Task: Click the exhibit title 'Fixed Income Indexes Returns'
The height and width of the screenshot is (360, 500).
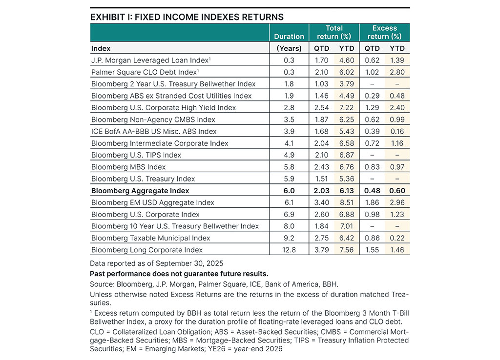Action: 187,17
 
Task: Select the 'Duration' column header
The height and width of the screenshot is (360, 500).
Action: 289,37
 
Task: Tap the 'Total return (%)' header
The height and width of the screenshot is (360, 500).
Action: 334,32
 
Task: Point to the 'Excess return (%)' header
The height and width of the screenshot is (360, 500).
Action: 384,32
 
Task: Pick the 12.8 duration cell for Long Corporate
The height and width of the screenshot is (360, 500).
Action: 289,250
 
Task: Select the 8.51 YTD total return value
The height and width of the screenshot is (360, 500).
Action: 347,202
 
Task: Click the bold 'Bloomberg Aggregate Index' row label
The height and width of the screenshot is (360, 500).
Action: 140,191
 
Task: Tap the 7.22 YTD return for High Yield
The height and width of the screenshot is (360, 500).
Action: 347,108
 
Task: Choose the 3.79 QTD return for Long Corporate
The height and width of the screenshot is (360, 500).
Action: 321,250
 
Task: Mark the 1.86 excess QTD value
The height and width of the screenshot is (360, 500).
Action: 372,202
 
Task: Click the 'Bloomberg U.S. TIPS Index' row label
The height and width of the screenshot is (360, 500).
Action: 136,155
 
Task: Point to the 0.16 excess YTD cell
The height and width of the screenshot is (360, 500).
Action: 396,131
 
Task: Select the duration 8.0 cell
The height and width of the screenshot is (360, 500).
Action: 289,226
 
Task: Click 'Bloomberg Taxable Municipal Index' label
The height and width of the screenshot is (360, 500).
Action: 151,238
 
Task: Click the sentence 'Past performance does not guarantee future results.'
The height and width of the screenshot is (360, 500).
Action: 179,273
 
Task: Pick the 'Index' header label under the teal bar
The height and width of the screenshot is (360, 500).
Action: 101,48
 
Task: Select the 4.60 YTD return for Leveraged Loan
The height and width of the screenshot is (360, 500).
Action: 347,60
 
